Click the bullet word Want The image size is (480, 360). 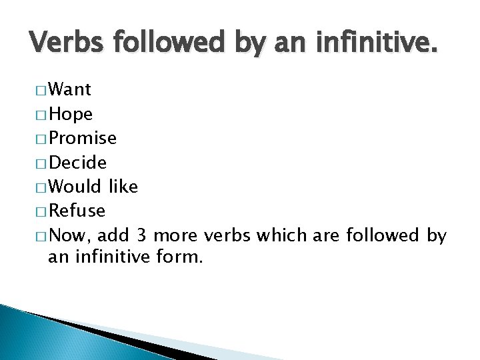pos(70,89)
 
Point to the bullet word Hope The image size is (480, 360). pos(71,114)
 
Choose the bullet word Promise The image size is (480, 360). pos(83,138)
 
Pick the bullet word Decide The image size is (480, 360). pos(77,162)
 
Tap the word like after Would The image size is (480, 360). pos(123,187)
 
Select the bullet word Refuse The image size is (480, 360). pos(77,211)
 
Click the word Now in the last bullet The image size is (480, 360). pos(71,235)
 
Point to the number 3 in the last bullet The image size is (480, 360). pos(141,235)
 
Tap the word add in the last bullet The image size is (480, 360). pos(115,235)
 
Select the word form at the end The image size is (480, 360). pos(179,257)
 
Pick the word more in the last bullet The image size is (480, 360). pos(177,235)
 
